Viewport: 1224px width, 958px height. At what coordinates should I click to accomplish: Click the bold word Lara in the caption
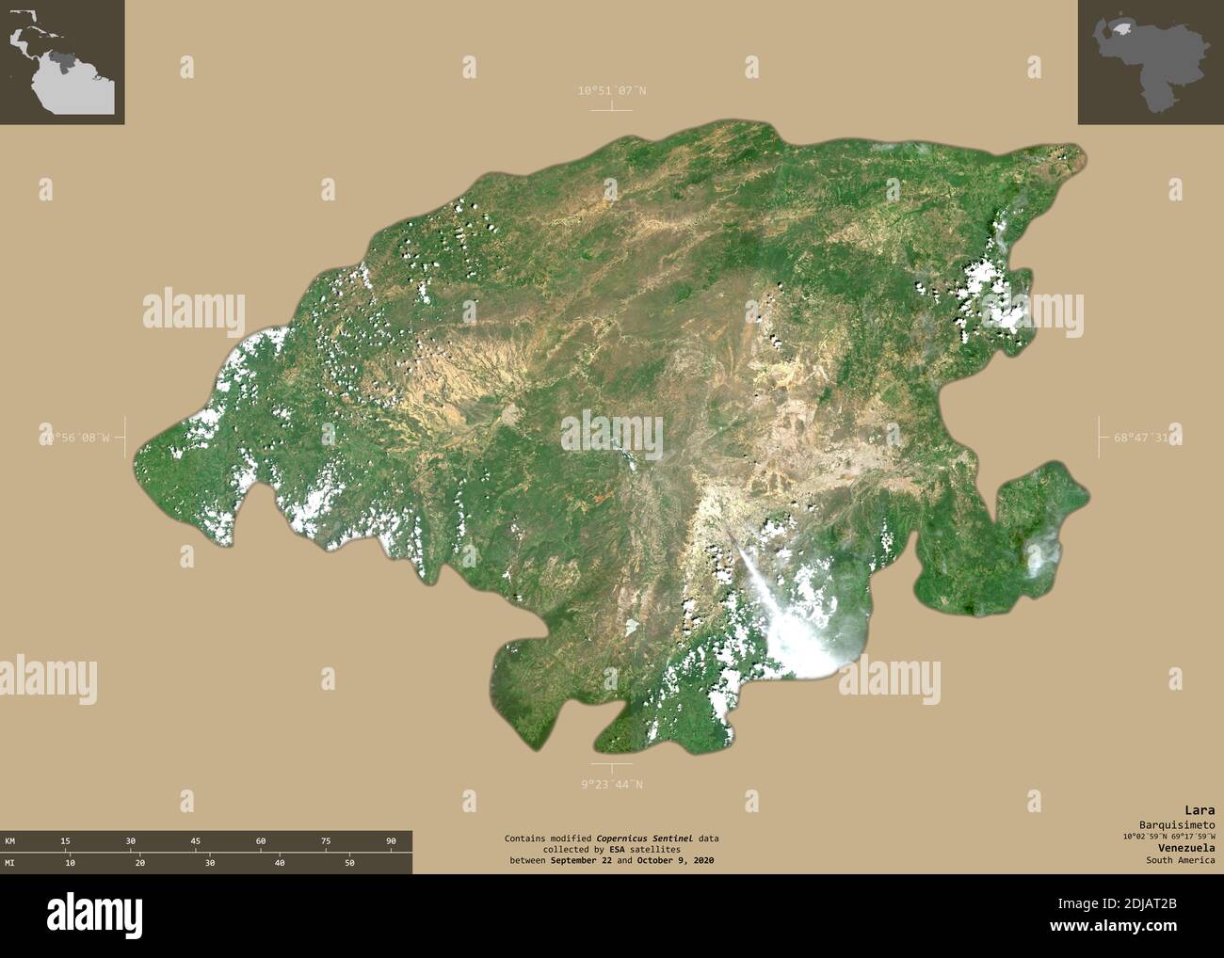[x=1200, y=810]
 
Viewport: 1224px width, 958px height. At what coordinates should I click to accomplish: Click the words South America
[x=1180, y=860]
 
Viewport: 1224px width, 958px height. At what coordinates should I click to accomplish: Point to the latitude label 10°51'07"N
[x=612, y=91]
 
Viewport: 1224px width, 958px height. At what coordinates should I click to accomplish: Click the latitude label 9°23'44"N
[x=612, y=784]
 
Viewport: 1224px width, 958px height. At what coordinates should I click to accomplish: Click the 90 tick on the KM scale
[x=390, y=840]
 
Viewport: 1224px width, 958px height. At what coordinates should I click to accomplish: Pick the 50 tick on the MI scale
[x=349, y=862]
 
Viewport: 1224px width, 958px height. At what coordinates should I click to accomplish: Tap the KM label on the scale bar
[x=9, y=840]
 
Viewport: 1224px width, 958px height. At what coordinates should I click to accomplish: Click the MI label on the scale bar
[x=9, y=862]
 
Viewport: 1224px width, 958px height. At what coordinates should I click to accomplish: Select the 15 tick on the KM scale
[x=65, y=840]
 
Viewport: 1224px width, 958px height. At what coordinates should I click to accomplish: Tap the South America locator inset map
[x=62, y=62]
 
